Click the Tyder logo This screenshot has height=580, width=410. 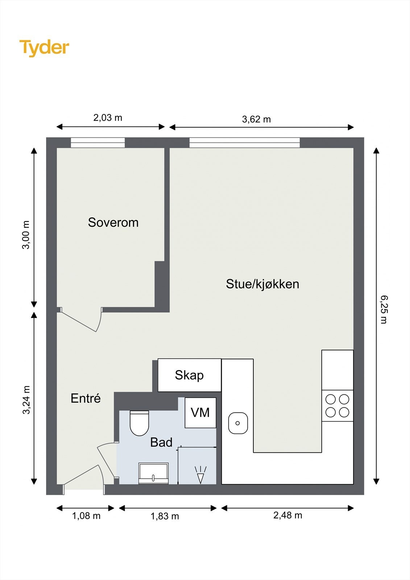click(x=44, y=48)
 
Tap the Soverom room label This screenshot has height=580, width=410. click(x=113, y=223)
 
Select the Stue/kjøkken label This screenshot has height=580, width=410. click(x=262, y=284)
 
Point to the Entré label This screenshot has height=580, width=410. click(x=86, y=398)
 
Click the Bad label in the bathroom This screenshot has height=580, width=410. click(x=161, y=442)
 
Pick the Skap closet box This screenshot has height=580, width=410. click(x=189, y=375)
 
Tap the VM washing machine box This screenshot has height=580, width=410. click(x=200, y=413)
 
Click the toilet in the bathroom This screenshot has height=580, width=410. click(x=139, y=423)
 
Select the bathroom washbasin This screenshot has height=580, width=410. click(x=154, y=473)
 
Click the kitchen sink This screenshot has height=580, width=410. click(x=238, y=423)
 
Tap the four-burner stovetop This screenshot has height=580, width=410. click(x=337, y=406)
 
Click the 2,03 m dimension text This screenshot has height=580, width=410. click(x=108, y=118)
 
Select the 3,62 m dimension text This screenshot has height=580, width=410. click(x=256, y=119)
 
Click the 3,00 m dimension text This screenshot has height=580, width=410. click(x=26, y=235)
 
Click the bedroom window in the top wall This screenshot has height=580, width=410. click(x=98, y=143)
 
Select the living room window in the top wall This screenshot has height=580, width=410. click(x=244, y=143)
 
